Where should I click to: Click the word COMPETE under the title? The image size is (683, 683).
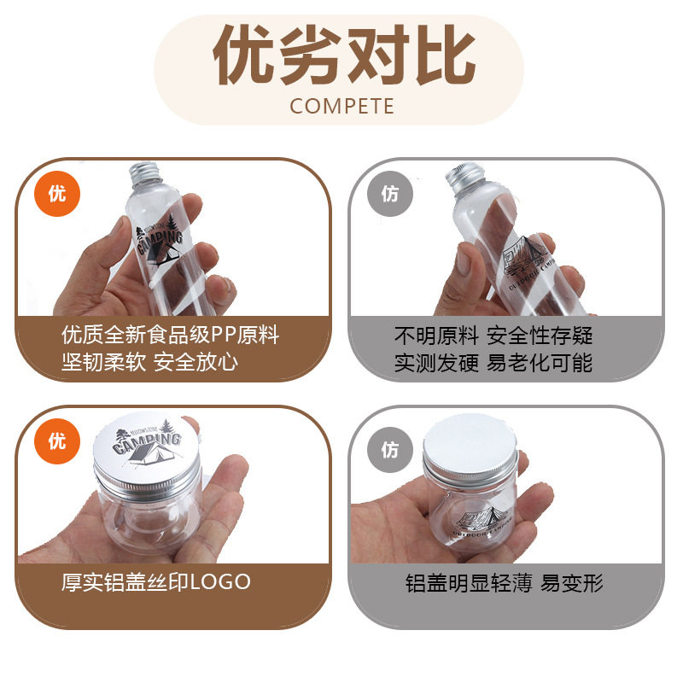341,106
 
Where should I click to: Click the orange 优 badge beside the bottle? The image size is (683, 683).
56,193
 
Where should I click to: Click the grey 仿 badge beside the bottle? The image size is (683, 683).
389,194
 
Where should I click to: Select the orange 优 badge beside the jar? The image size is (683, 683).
56,441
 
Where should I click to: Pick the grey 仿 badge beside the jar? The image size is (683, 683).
389,449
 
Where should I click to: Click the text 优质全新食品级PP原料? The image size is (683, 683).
171,335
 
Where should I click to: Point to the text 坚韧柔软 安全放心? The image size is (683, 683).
149,362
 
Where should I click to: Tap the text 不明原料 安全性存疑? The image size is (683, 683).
493,335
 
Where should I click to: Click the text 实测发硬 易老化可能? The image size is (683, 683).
493,362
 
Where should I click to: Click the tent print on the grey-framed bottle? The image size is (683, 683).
522,256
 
